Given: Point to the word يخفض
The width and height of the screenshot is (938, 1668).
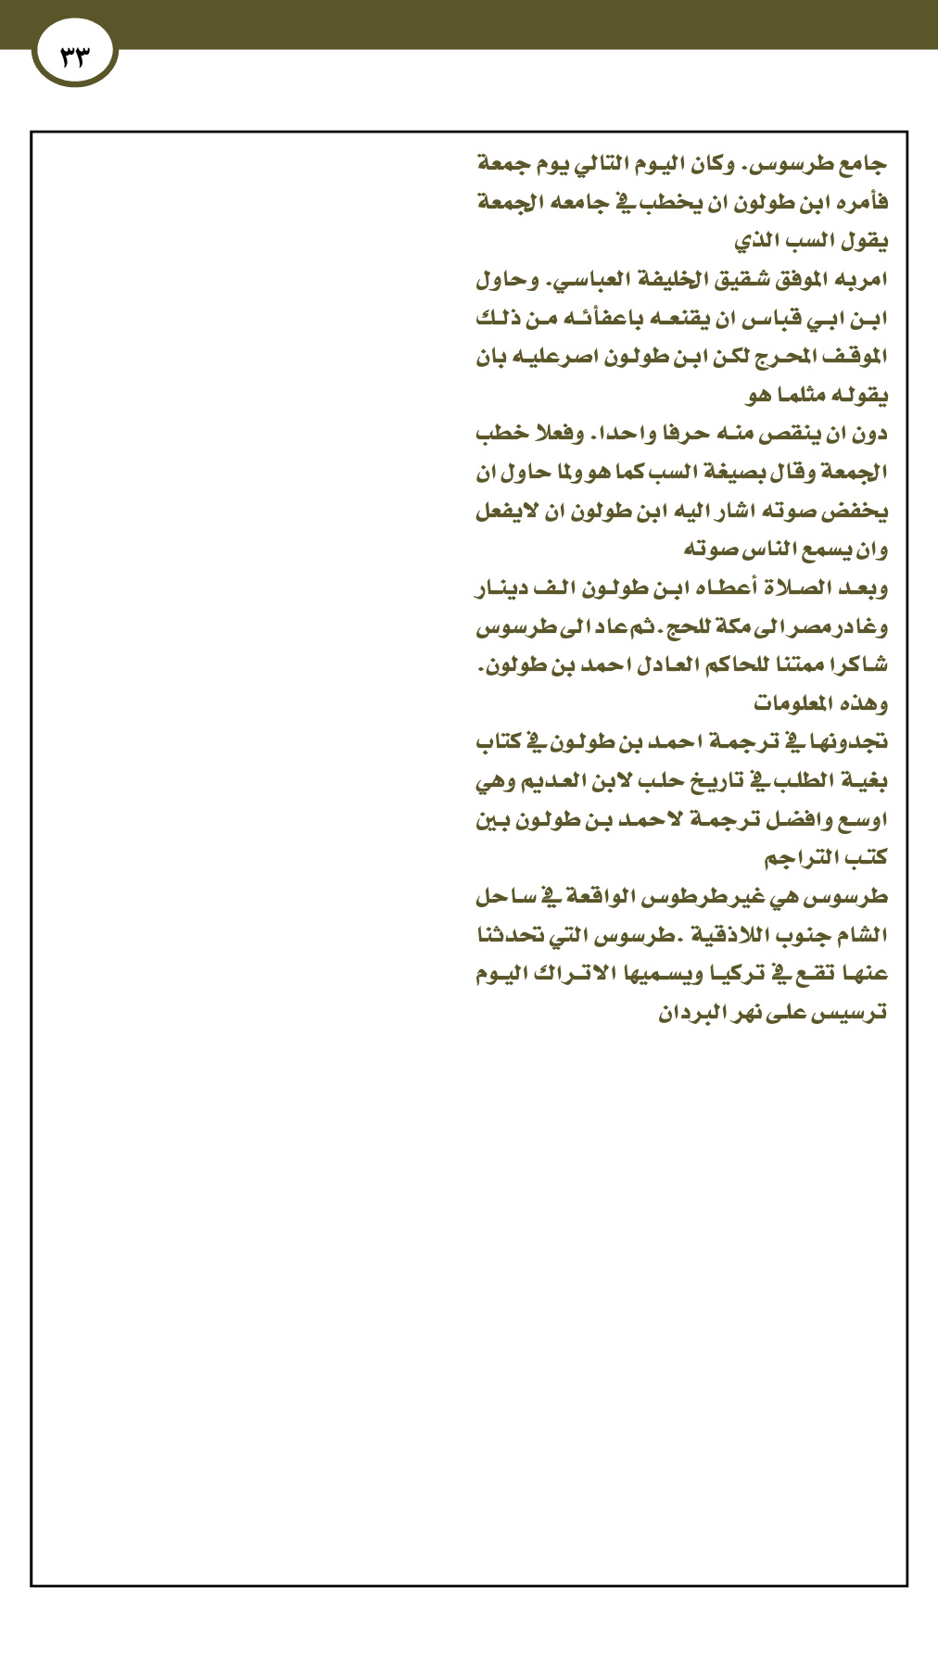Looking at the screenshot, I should (856, 512).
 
